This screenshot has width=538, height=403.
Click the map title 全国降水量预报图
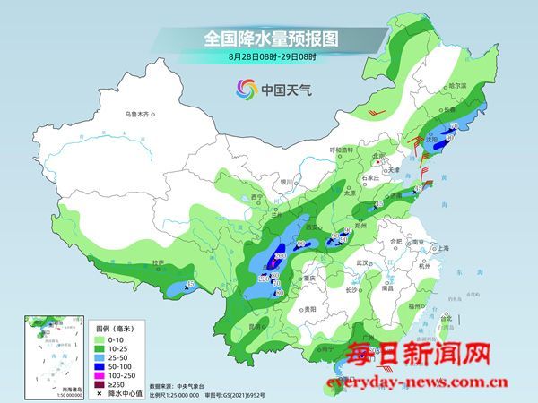(268, 39)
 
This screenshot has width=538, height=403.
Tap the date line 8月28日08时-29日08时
(268, 57)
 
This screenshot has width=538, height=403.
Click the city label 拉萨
(159, 263)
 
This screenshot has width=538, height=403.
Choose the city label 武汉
(363, 262)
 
